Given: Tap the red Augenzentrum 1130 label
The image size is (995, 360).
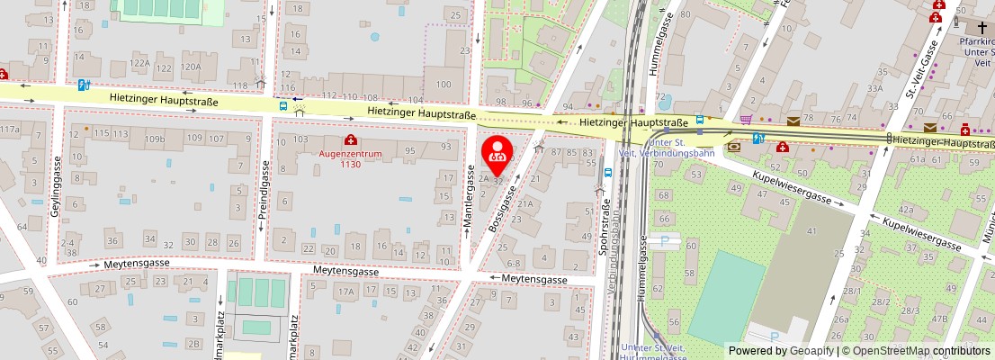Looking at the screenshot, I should click(x=351, y=158).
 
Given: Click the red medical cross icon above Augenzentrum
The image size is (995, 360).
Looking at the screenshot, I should click(x=350, y=140).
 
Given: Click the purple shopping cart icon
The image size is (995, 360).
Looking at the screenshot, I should click(x=746, y=119).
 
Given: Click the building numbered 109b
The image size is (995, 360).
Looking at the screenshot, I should click(x=156, y=139).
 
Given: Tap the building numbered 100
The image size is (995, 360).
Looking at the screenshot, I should click(x=443, y=85).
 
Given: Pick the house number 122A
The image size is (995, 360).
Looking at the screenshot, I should click(x=139, y=64).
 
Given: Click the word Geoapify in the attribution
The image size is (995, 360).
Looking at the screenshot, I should click(x=812, y=351).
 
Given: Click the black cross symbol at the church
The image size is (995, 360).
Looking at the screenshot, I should click(x=982, y=27).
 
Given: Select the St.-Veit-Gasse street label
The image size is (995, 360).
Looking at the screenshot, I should click(x=922, y=69).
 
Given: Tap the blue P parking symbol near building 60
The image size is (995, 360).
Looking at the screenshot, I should click(x=665, y=240).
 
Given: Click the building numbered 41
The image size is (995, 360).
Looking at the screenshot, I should click(x=812, y=232).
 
